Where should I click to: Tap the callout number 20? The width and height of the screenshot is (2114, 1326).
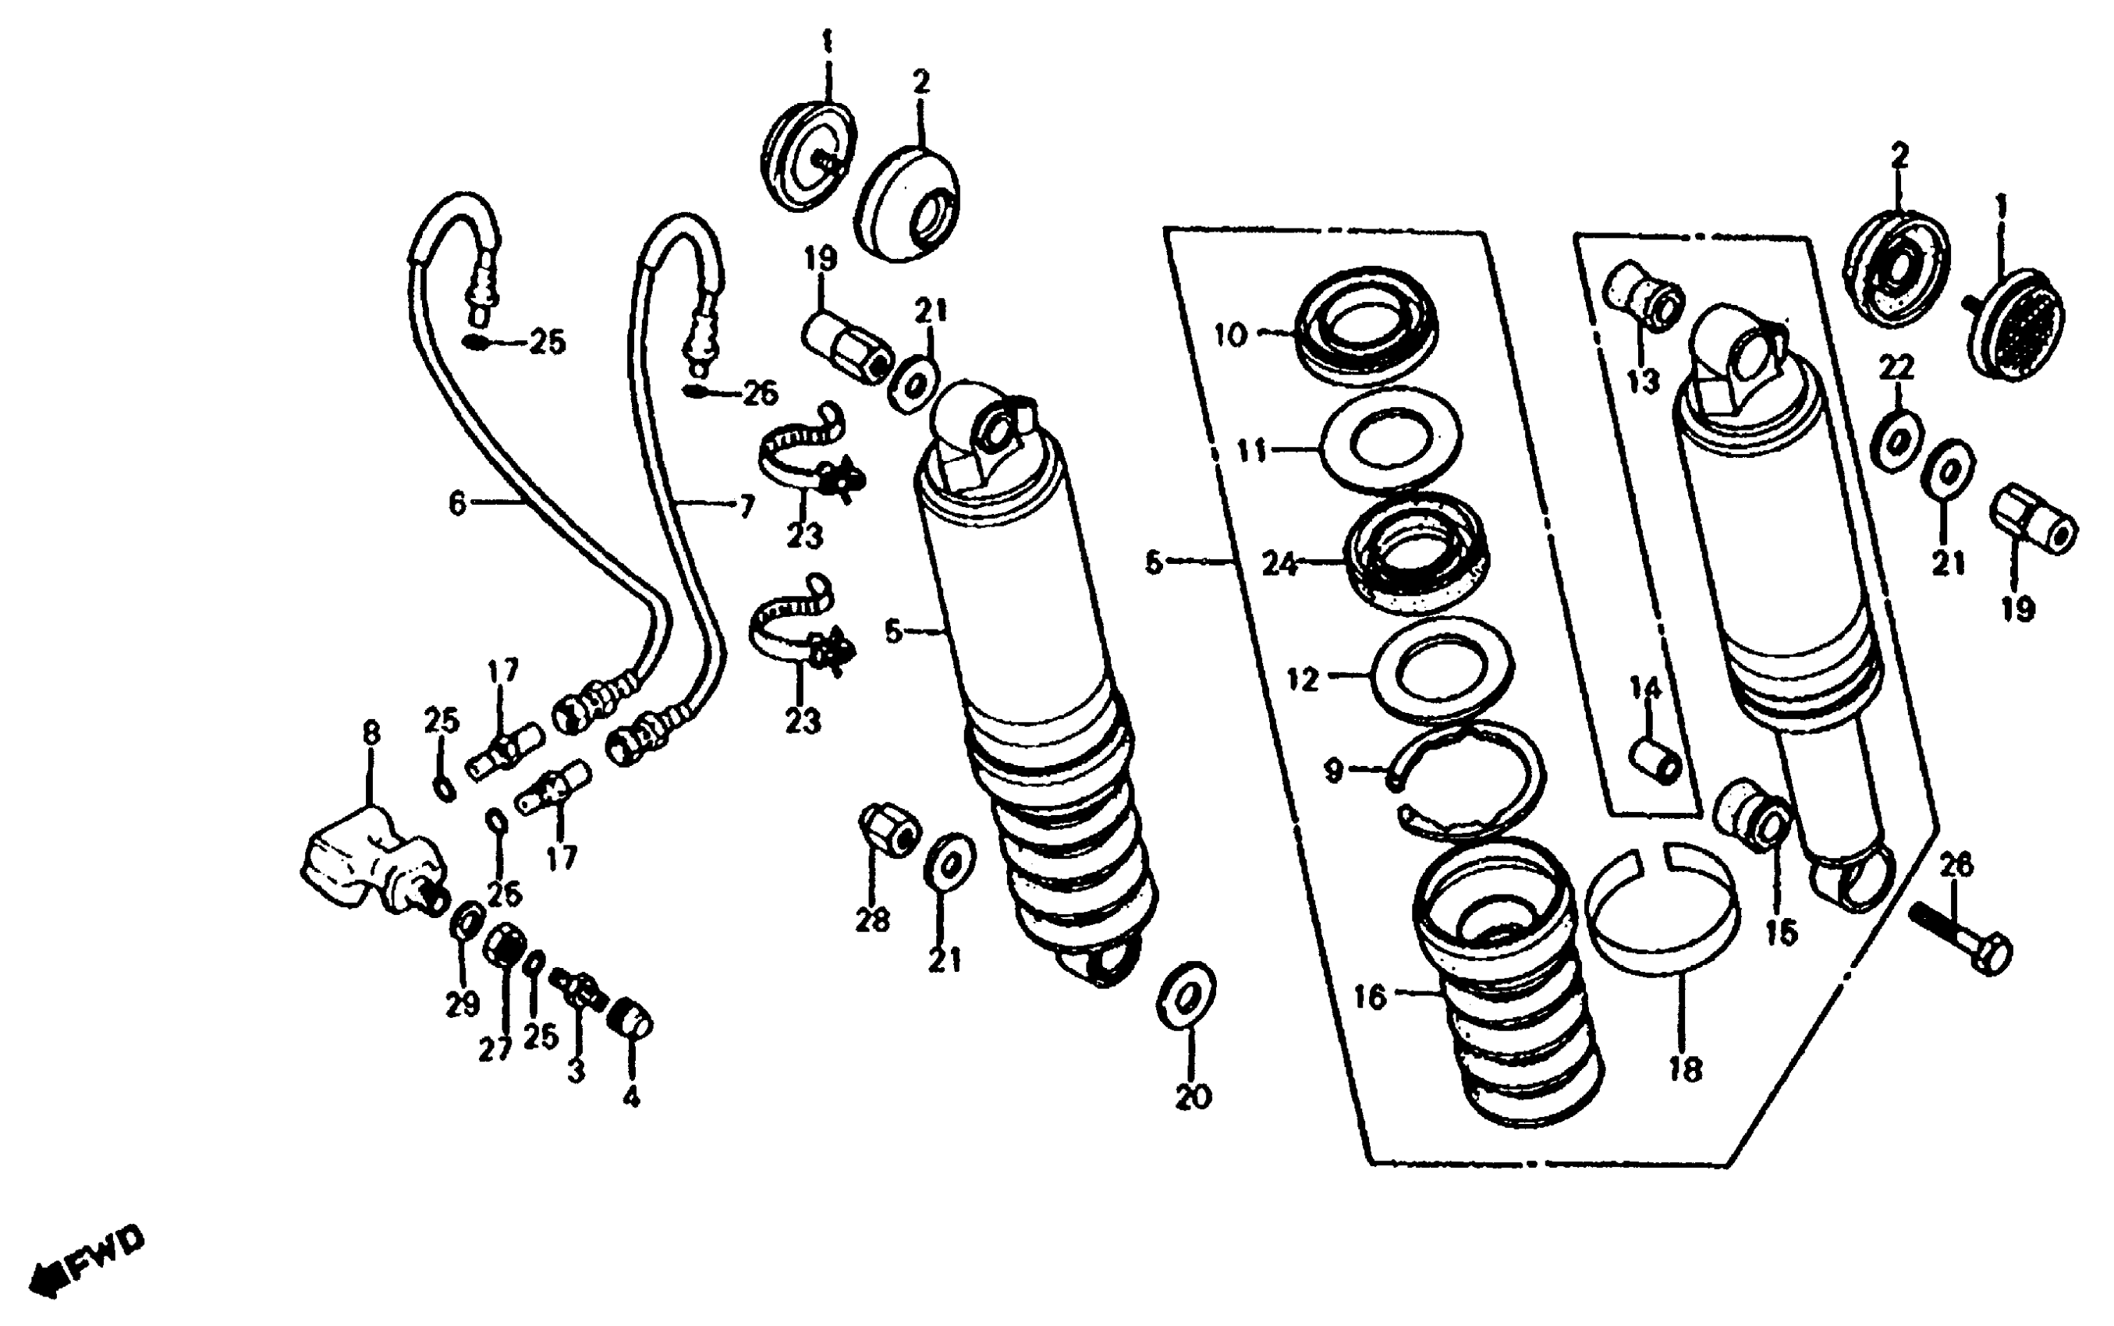(1193, 1096)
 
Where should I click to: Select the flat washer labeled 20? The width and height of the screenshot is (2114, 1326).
(1186, 996)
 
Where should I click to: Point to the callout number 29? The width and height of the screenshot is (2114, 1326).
(462, 1004)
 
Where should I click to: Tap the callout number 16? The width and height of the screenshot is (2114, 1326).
(1370, 997)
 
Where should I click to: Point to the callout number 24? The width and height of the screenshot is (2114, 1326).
(1279, 564)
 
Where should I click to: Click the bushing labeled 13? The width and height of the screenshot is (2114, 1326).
(1642, 299)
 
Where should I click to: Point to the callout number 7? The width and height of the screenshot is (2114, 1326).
(747, 506)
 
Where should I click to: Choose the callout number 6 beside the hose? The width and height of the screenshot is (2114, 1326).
(457, 503)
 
